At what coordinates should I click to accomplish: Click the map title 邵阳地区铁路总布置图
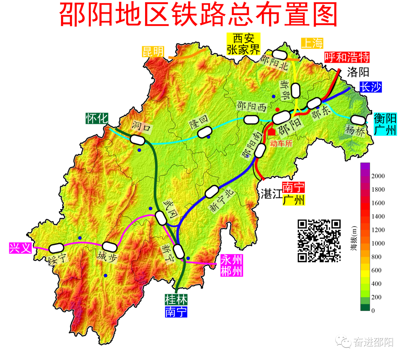coord(198,16)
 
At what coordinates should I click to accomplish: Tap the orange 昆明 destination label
coord(153,52)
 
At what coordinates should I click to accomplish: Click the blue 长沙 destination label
coord(370,87)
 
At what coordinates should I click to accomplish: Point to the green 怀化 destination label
coord(96,118)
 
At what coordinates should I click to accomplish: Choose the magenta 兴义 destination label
coord(20,248)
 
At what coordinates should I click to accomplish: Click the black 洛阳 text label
coord(358,72)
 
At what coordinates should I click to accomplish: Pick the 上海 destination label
coord(312,43)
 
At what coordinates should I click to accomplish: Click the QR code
coord(319,241)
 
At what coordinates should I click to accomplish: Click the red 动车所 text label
coord(282,143)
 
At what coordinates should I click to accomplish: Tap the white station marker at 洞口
coord(137,139)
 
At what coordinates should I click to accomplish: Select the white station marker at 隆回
coord(205,131)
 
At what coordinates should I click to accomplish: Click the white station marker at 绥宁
coord(56,247)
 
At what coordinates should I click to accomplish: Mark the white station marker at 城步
coord(110,247)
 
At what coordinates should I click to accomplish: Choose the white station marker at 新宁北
coord(211,191)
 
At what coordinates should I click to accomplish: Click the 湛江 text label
coord(271,194)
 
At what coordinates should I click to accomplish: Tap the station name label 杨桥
coord(355,130)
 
